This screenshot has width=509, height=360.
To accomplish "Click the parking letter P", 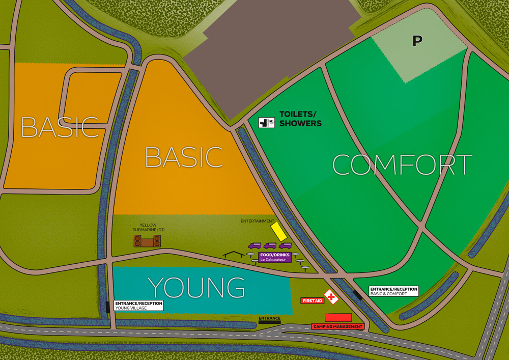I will pos(417,41).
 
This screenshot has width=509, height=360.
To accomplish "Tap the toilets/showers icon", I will pos(266,122).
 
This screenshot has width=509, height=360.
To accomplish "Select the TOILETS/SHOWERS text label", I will pos(300,119).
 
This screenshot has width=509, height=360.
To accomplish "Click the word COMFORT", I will pos(402,164).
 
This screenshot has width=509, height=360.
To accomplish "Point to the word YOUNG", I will pos(196,288).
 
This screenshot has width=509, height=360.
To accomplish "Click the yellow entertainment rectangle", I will pos(278,231).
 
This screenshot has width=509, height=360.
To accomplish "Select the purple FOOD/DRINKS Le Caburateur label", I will pos(275,257).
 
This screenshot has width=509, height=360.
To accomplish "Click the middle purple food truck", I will pos(270,246).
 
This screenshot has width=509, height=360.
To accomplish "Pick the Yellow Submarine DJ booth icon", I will pos(148,241).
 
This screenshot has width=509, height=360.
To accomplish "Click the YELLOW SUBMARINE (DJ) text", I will pos(148,228).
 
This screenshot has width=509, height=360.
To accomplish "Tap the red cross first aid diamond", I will pos(331,296).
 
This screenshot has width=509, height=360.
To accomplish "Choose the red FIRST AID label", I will pos(312,301).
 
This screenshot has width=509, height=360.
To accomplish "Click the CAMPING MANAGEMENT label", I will pos(338,326).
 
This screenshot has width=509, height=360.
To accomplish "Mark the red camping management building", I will pos(338,317).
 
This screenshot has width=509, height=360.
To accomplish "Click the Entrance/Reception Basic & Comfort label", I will pos(393,291).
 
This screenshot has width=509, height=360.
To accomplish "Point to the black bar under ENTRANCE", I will pos(269,323).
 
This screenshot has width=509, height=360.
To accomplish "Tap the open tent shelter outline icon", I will pos(234,254).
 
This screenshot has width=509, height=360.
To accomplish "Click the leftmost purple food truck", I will pos(254,246).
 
